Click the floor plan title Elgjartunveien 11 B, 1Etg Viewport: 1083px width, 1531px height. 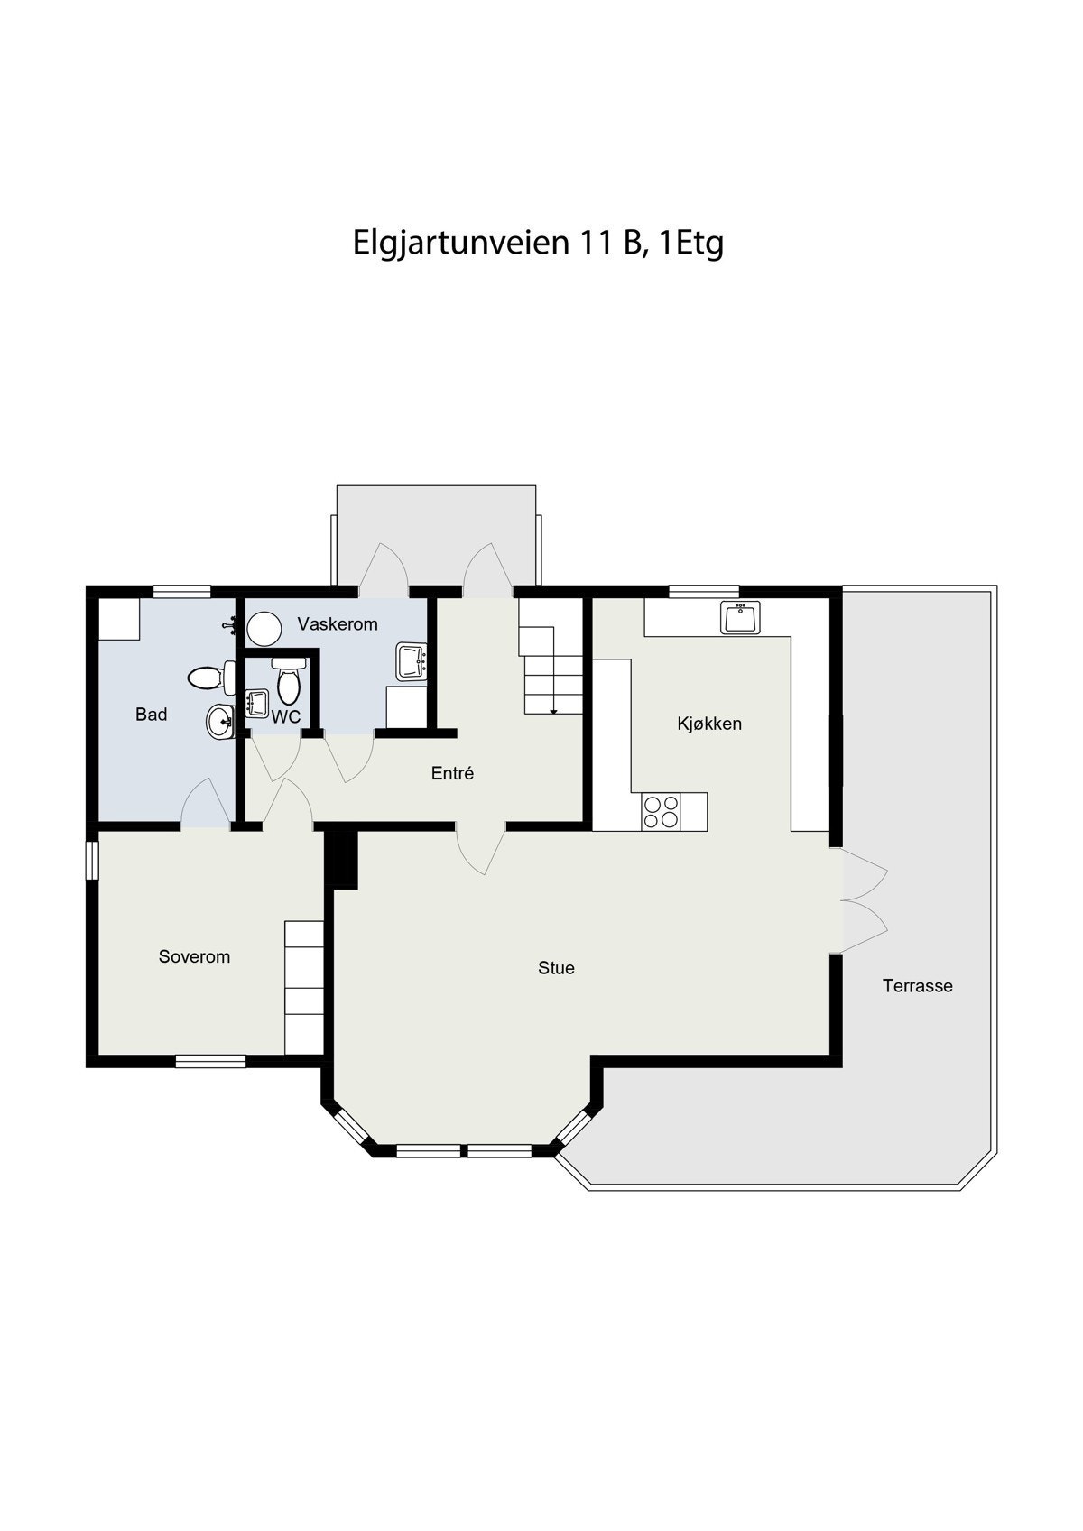pyautogui.click(x=538, y=243)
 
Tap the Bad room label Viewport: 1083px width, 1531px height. pyautogui.click(x=152, y=715)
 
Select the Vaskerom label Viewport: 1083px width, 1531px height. pyautogui.click(x=338, y=624)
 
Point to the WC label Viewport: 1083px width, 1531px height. pyautogui.click(x=286, y=717)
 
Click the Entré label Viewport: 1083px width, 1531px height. pyautogui.click(x=452, y=773)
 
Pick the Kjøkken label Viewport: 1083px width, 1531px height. pyautogui.click(x=709, y=724)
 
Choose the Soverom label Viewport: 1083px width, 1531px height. pyautogui.click(x=194, y=956)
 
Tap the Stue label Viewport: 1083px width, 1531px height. pyautogui.click(x=556, y=968)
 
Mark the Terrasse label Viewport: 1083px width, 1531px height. pyautogui.click(x=917, y=986)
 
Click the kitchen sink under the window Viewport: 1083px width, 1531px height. pyautogui.click(x=740, y=617)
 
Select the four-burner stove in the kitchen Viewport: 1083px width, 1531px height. pyautogui.click(x=661, y=811)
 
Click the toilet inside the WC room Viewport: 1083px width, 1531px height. pyautogui.click(x=289, y=680)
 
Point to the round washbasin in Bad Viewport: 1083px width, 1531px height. pyautogui.click(x=219, y=721)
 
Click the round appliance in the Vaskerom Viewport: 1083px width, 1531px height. pyautogui.click(x=265, y=629)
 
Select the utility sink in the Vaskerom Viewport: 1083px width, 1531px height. pyautogui.click(x=411, y=661)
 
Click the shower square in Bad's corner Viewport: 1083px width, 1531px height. pyautogui.click(x=119, y=619)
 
